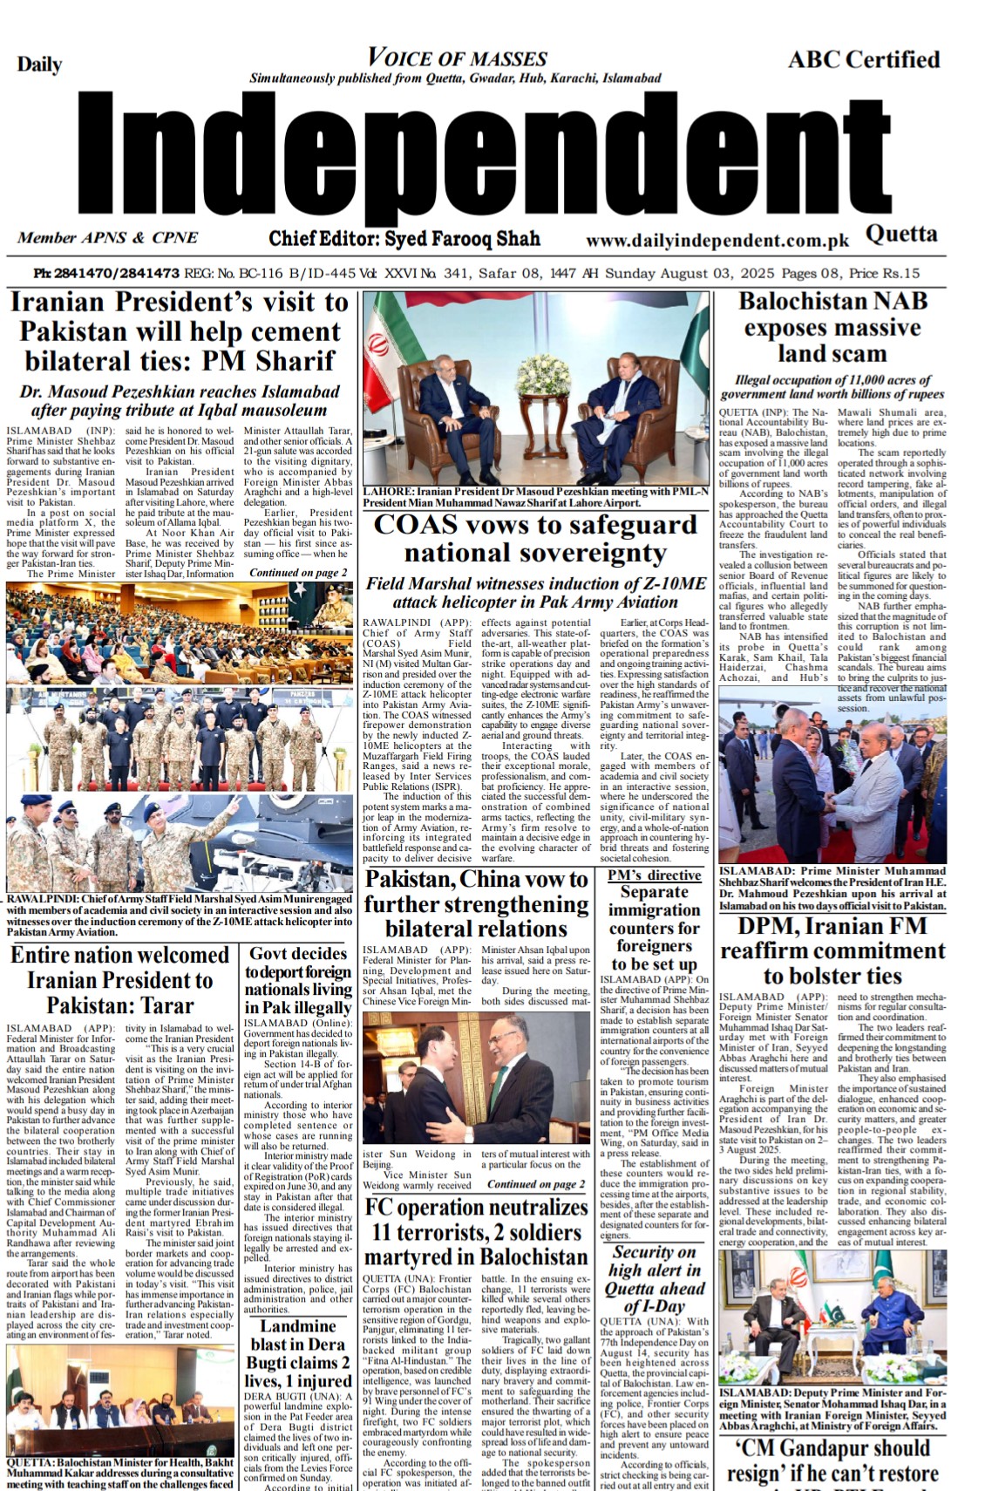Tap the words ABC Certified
(x=863, y=59)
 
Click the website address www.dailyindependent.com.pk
(x=717, y=241)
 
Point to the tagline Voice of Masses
(x=457, y=58)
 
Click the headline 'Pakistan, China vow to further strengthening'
(x=476, y=903)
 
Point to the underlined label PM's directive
(x=654, y=875)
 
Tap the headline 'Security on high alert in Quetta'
(x=654, y=1279)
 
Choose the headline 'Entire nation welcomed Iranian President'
(x=119, y=979)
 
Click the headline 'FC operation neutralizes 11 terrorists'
(x=476, y=1232)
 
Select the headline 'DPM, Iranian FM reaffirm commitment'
(x=832, y=950)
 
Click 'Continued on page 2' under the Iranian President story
(x=298, y=573)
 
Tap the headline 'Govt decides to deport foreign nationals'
(x=298, y=981)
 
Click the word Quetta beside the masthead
(x=901, y=234)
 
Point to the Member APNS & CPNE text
(x=107, y=237)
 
